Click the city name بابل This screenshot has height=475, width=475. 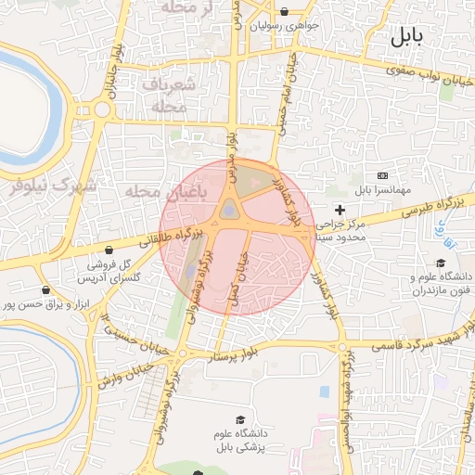pyautogui.click(x=405, y=37)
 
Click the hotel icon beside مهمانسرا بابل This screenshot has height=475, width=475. pyautogui.click(x=383, y=175)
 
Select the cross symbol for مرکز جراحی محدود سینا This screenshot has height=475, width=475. pyautogui.click(x=340, y=211)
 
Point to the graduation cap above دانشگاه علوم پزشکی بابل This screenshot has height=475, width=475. pyautogui.click(x=241, y=420)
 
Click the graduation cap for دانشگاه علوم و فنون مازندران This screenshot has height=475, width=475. pyautogui.click(x=440, y=263)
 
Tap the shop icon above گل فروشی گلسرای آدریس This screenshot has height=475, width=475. pyautogui.click(x=110, y=250)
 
